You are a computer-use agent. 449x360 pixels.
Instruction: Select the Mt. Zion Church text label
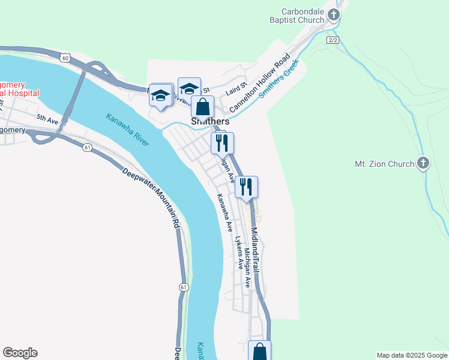(384, 164)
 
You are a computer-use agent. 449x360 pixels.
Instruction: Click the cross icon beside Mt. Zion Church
(423, 163)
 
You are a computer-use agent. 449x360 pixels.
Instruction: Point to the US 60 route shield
(65, 57)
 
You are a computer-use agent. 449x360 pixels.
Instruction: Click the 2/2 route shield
(334, 40)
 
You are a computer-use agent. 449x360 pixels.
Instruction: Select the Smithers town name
(210, 121)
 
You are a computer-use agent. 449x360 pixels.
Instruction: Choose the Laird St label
(237, 89)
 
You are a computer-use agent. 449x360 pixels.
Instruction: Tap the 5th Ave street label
(47, 119)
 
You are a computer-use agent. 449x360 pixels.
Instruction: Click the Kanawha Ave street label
(224, 212)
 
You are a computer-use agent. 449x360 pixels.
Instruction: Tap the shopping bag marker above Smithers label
(203, 107)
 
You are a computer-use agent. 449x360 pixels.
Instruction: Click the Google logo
(20, 353)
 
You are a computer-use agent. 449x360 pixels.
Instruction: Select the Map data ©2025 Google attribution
(412, 355)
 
